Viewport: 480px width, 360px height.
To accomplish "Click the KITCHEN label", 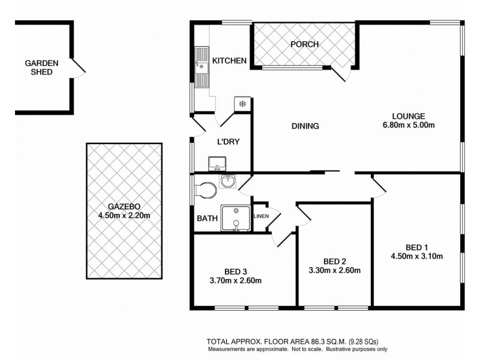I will coord(229,61).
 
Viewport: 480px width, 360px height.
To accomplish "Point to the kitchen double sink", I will coord(201,67).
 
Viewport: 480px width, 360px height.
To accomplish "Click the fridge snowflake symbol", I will coord(242,104).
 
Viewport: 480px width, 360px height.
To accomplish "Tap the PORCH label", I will coord(304,44).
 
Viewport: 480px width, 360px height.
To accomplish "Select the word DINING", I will coord(305,127).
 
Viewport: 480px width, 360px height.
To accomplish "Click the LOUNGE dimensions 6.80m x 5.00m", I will coord(409,125).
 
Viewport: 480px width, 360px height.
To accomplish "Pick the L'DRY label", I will coord(228,142).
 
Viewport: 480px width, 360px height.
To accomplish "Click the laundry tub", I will coord(216,163).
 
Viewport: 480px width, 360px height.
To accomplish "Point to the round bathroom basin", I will coord(227,181).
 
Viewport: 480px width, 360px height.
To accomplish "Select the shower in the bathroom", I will coord(235,218).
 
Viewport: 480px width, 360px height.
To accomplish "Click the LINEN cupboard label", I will coord(260,216).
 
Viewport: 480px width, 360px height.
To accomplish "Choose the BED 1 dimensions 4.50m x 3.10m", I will coord(416,257).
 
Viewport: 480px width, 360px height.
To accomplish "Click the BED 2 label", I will coord(335,261).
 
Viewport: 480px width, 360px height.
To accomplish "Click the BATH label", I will coord(207,218).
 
